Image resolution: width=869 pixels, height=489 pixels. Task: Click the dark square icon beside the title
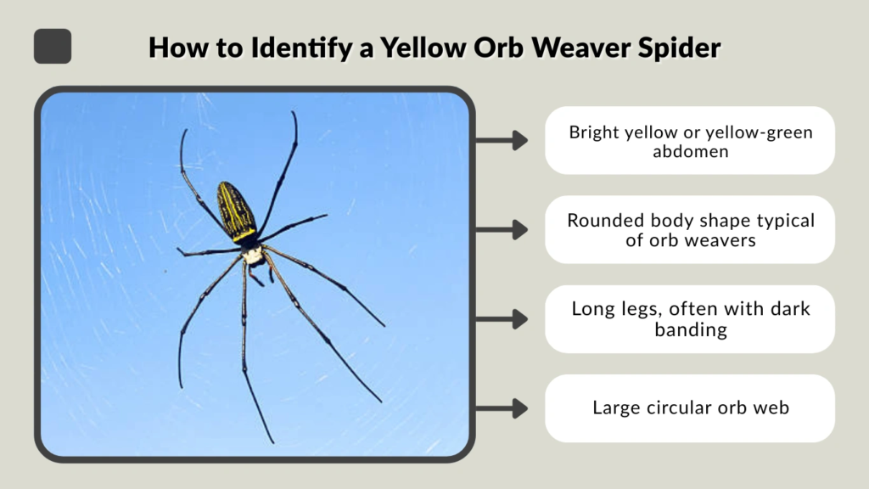(53, 46)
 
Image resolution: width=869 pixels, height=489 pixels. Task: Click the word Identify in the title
(291, 48)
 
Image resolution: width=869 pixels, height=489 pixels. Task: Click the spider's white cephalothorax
(252, 253)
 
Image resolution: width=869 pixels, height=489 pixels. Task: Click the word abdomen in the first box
(689, 153)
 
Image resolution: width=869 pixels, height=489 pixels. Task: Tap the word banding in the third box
(690, 329)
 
